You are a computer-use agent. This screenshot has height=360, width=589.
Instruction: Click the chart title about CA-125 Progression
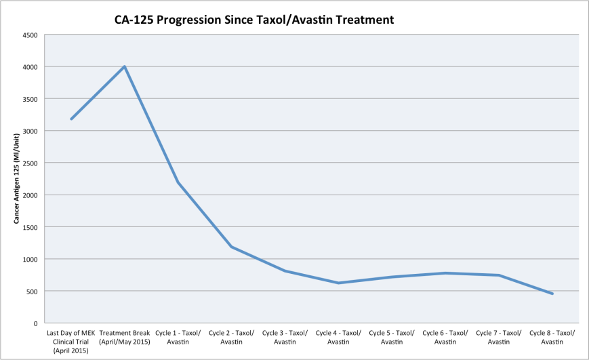pos(254,20)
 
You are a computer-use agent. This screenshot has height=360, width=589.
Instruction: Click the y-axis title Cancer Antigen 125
pos(14,179)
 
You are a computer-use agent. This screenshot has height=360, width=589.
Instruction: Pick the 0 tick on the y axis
pos(35,323)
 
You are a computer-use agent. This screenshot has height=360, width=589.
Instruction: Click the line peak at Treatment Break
pos(125,66)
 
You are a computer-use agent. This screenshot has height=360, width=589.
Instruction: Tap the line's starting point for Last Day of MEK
pos(71,119)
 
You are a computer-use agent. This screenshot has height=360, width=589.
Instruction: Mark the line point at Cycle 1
pos(178,182)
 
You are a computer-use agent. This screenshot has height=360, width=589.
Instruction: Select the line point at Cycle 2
pos(232,247)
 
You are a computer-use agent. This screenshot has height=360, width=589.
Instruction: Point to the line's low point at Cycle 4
pos(338,283)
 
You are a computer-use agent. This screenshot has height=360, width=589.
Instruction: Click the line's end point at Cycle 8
pos(552,294)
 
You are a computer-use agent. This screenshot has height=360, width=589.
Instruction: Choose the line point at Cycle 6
pos(445,273)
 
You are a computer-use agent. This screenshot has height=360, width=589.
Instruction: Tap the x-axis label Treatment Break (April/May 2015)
pos(125,337)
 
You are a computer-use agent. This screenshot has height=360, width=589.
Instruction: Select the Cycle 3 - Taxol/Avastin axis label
pos(285,337)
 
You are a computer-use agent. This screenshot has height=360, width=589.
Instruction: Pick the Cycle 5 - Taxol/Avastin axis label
pos(392,337)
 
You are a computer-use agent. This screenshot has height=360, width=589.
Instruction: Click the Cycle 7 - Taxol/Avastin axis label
pos(499,337)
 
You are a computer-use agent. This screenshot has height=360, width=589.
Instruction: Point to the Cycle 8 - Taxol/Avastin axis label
pos(552,337)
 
